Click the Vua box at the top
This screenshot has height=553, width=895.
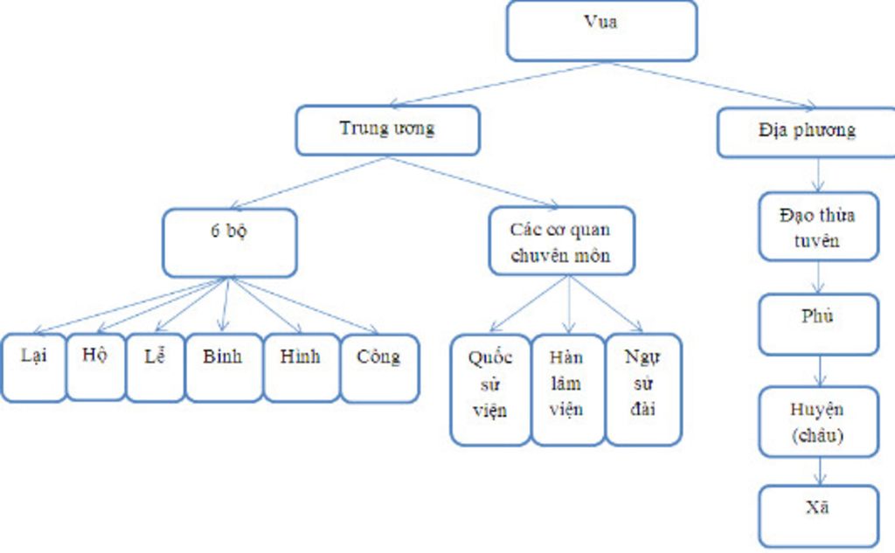point(601,31)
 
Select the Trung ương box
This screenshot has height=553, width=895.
point(387,130)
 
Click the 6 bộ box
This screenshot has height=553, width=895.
point(229,242)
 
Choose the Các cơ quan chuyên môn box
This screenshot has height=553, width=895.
point(560,241)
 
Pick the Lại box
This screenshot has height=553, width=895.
point(33,367)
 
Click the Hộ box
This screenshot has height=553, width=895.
point(95,366)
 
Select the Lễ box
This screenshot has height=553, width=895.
point(155,367)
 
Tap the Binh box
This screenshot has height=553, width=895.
point(224,367)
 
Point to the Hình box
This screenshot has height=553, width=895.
point(301,367)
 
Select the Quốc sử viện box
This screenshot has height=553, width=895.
point(489,389)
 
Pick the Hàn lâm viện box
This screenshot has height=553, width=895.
point(567,389)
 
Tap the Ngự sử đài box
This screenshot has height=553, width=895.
point(642,389)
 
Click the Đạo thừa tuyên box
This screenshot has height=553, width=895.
point(818,226)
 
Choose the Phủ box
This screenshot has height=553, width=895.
point(818,324)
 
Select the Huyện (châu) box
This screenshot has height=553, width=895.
point(818,422)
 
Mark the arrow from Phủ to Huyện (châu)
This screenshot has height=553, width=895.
point(819,370)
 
